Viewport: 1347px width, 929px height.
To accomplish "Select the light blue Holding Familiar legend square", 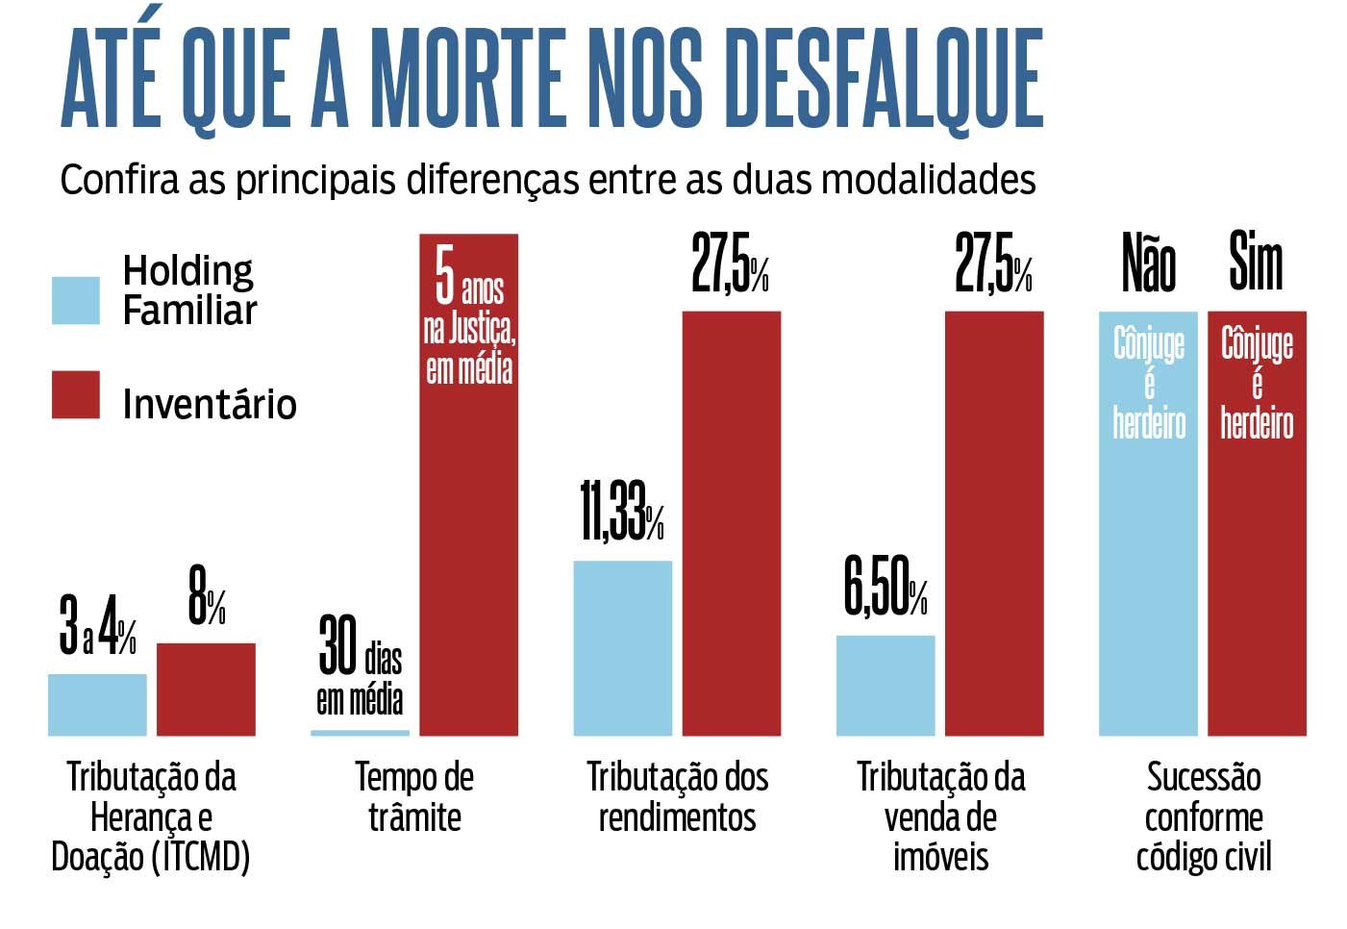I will click(75, 300).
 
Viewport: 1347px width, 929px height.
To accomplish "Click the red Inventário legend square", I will click(75, 394).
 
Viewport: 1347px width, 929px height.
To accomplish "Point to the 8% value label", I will click(206, 597).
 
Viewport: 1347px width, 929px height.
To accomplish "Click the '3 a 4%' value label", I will click(97, 627).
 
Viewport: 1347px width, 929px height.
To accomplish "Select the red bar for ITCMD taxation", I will click(206, 689).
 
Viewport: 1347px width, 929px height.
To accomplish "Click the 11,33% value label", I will click(621, 512).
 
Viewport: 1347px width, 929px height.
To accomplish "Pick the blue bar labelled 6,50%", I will click(885, 685).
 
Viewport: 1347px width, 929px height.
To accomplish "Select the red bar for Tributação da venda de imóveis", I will click(993, 523).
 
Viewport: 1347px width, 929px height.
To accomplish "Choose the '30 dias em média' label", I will click(360, 666).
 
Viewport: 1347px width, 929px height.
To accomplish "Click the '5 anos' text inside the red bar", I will click(469, 279).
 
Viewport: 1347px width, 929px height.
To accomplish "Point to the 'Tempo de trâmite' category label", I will click(414, 796).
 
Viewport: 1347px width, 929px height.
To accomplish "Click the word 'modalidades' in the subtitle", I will click(928, 180).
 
